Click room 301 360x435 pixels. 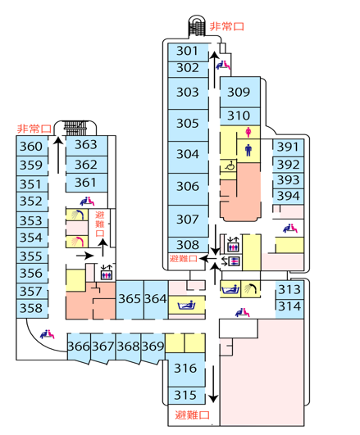(188, 52)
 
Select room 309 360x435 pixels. (240, 92)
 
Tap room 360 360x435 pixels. (32, 146)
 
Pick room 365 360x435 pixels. (130, 300)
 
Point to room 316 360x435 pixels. (186, 369)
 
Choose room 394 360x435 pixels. (288, 197)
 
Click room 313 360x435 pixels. (289, 290)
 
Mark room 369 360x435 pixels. (153, 347)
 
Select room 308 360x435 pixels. (188, 245)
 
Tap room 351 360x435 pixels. (32, 184)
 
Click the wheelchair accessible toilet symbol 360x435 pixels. (230, 165)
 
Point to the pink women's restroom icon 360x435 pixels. (248, 132)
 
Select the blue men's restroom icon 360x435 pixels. (248, 150)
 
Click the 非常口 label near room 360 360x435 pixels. (34, 129)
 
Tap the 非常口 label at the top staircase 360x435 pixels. (226, 27)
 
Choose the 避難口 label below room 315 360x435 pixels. (192, 415)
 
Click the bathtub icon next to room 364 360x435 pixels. (186, 306)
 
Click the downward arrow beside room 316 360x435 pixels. (213, 383)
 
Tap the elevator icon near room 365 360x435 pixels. (107, 273)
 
